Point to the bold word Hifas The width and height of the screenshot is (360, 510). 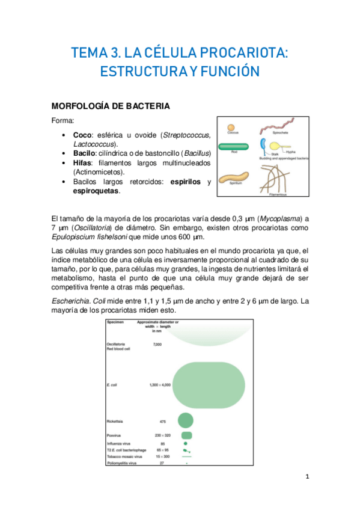click(x=83, y=163)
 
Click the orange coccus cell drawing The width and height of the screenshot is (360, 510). click(x=230, y=128)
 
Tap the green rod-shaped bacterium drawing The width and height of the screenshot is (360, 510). click(x=233, y=146)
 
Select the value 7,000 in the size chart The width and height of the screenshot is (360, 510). click(x=157, y=344)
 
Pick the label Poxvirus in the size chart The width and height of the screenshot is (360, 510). click(x=114, y=435)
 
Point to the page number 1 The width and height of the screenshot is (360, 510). click(x=307, y=478)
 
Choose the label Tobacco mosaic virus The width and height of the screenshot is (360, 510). click(x=123, y=456)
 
